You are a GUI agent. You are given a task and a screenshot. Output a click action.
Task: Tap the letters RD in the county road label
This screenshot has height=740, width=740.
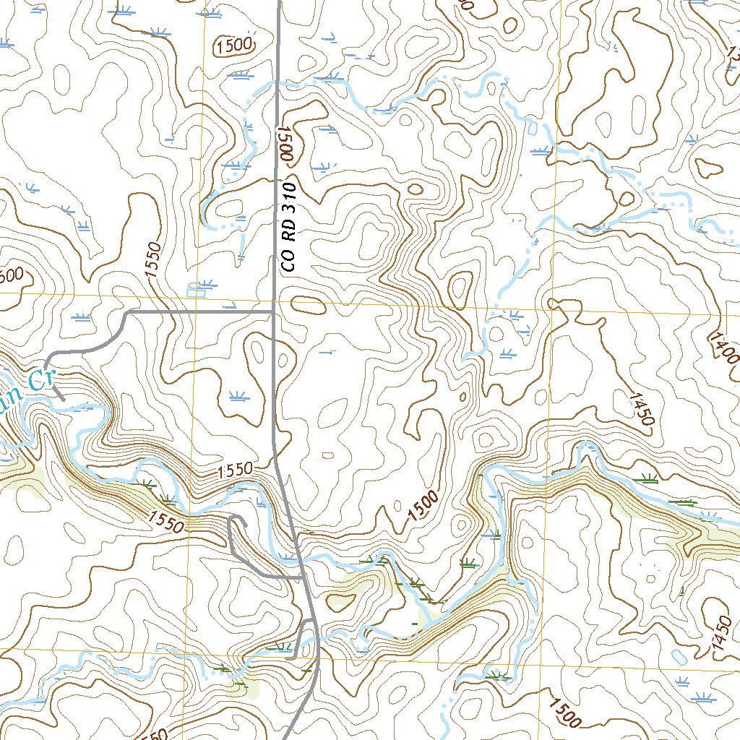[x=289, y=237]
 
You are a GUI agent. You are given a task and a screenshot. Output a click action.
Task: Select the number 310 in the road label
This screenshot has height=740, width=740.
[x=289, y=202]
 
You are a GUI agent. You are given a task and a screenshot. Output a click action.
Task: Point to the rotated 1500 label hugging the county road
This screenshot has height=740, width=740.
[x=284, y=142]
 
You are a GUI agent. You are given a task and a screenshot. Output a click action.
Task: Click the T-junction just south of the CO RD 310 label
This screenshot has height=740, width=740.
[x=272, y=311]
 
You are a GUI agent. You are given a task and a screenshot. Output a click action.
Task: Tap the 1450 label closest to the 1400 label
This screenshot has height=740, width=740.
[x=642, y=409]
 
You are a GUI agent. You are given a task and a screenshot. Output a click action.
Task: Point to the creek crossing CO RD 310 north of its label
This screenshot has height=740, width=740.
[x=277, y=84]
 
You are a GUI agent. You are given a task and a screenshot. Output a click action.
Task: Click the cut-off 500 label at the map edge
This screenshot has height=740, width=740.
[x=10, y=275]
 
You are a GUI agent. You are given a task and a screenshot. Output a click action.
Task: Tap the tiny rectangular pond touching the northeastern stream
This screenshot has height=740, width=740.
[x=533, y=128]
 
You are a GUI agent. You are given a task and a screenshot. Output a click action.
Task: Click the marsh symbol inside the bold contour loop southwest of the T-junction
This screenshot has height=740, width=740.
[x=236, y=395]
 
